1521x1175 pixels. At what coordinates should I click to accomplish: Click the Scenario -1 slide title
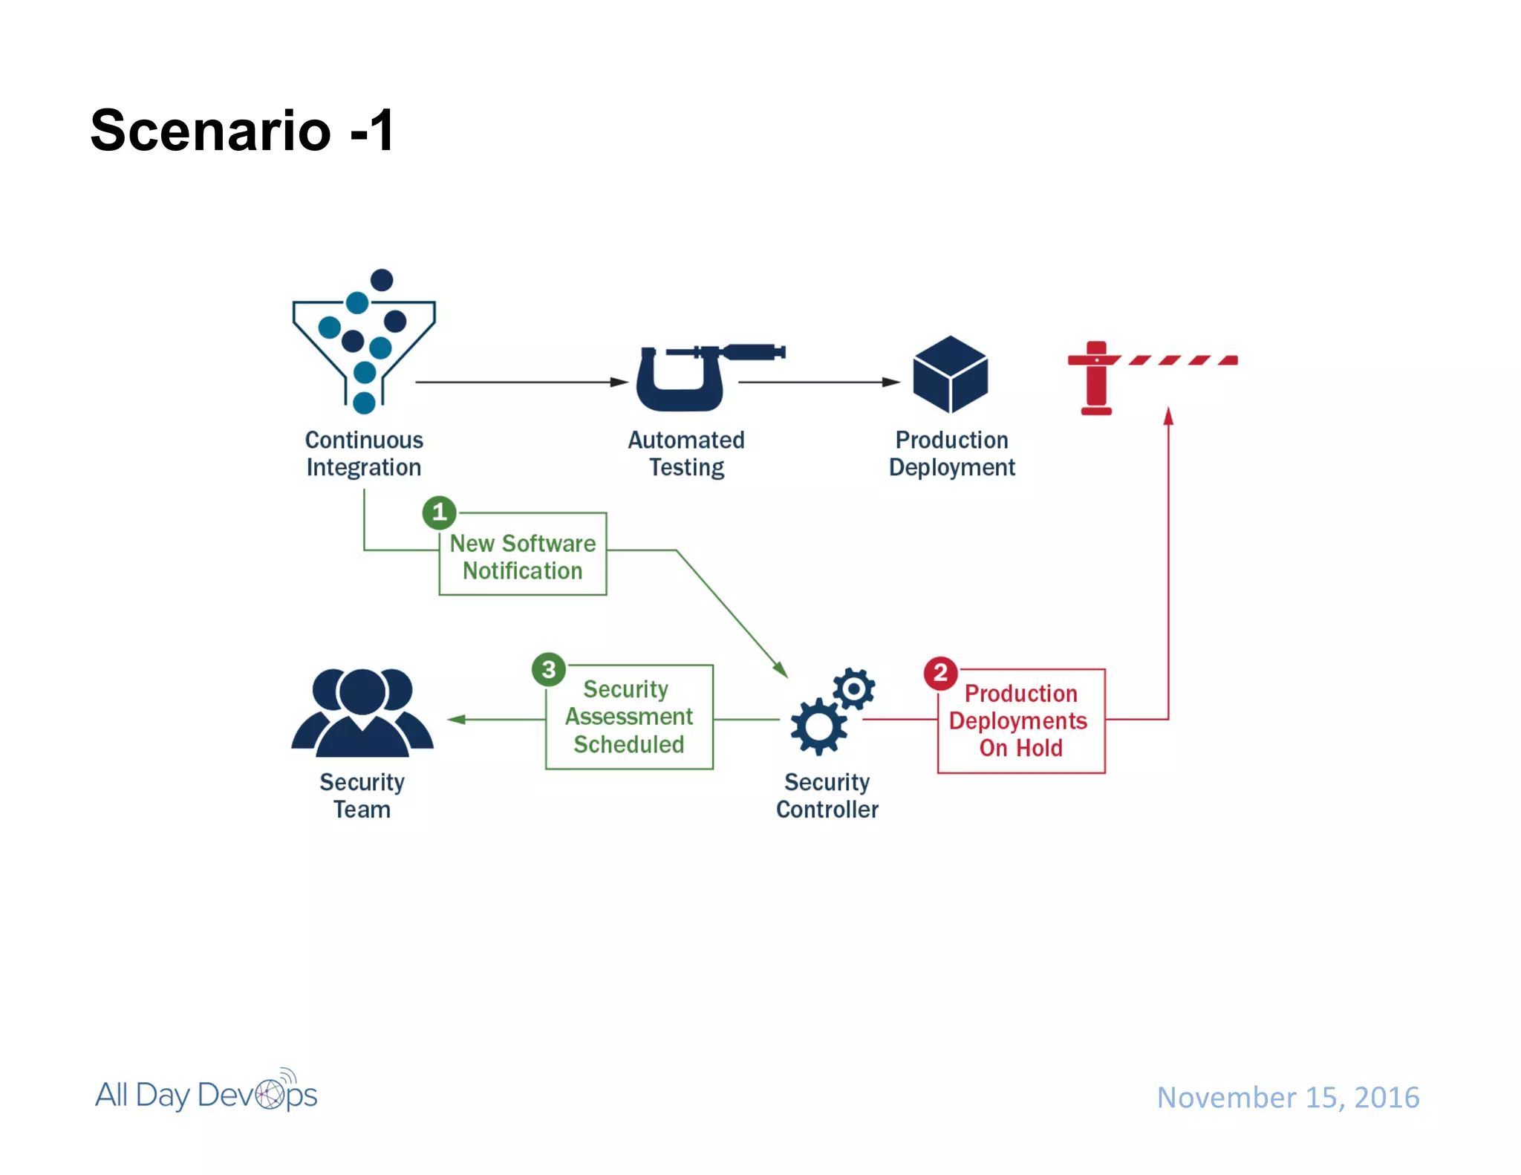[x=242, y=131]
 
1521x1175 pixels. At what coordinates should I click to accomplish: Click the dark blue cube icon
[x=950, y=374]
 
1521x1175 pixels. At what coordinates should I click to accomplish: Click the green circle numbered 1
[x=439, y=512]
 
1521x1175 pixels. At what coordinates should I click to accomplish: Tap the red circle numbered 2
[x=940, y=673]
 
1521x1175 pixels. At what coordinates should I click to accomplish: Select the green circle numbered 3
[x=549, y=669]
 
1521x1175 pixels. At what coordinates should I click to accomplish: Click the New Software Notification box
[x=523, y=556]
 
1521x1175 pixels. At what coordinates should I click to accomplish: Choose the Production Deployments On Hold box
[x=1021, y=721]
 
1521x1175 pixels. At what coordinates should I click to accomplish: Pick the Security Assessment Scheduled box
[x=629, y=717]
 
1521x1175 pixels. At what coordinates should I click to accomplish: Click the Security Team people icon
[x=362, y=712]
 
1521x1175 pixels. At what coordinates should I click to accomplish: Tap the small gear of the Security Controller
[x=853, y=689]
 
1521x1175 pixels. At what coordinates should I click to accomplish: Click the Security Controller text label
[x=827, y=795]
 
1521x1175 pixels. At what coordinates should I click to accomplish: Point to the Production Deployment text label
[x=951, y=453]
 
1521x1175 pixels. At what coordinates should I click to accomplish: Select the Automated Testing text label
[x=686, y=453]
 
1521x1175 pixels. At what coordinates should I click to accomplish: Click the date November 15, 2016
[x=1288, y=1097]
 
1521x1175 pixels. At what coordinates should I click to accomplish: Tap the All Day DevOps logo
[x=206, y=1093]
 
